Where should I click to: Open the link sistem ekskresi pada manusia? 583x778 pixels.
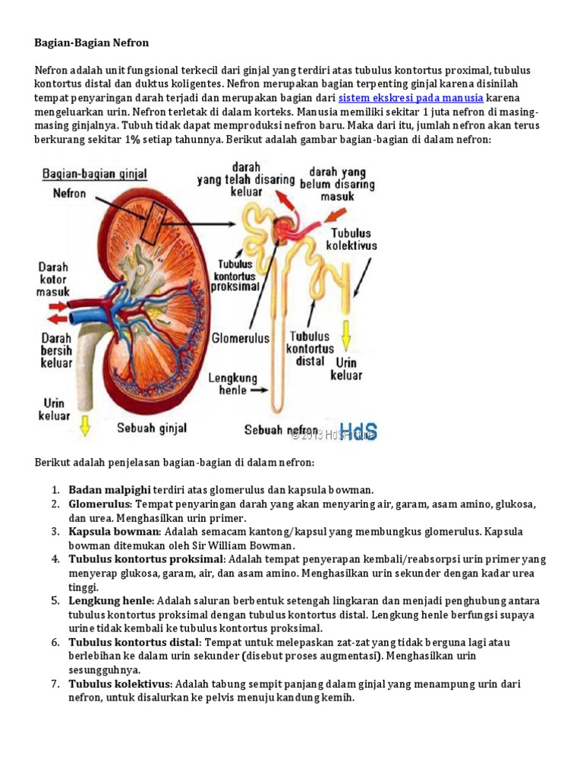point(410,98)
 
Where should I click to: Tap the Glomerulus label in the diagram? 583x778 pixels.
point(241,337)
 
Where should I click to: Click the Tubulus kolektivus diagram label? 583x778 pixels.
point(351,239)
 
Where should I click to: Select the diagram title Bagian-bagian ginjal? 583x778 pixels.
point(95,174)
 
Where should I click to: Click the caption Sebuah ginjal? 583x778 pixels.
point(152,429)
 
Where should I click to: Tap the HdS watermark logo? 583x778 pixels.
point(358,432)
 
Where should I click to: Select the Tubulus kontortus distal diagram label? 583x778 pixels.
point(310,349)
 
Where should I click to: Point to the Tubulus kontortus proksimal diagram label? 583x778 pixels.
point(238,276)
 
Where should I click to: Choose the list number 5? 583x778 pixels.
point(55,601)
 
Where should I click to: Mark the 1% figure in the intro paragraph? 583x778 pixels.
point(134,140)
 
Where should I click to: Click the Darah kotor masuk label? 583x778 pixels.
point(54,279)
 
